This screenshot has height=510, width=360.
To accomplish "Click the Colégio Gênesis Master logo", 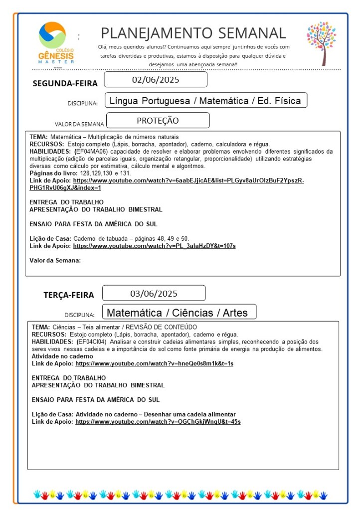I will (x=56, y=42).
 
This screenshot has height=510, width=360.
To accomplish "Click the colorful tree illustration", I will (x=322, y=42).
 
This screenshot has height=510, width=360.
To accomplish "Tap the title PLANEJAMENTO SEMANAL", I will (x=193, y=33).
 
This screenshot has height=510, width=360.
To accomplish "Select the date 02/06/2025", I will (x=156, y=80).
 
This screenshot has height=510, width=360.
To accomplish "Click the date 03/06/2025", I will (x=154, y=293).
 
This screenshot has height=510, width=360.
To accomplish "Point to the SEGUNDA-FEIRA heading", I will (x=65, y=83).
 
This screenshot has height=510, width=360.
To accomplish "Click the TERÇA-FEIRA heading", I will (x=68, y=295).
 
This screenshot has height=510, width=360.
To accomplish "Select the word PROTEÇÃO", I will (x=158, y=121).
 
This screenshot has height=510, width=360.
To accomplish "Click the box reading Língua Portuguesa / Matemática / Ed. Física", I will (x=205, y=101).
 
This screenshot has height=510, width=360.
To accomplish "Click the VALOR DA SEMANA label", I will (x=79, y=124).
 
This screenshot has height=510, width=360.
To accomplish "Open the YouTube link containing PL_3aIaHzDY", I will (x=154, y=246).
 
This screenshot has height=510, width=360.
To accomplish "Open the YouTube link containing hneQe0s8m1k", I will (x=154, y=363).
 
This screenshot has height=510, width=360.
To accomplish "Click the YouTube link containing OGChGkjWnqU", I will (x=158, y=422).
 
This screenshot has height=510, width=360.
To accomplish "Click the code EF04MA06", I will (x=92, y=151).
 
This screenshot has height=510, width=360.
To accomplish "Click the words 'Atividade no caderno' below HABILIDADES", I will (x=62, y=356).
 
